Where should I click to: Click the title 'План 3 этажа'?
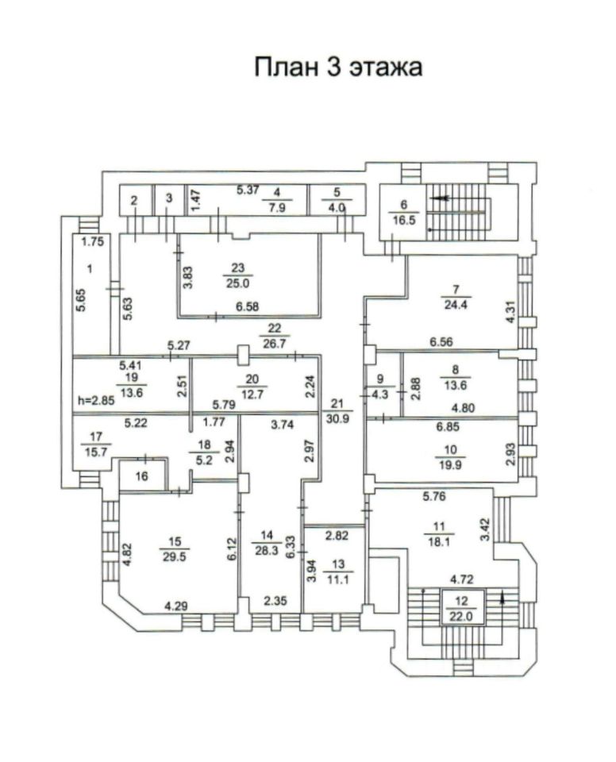click(337, 67)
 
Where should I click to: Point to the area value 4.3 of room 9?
click(380, 391)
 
